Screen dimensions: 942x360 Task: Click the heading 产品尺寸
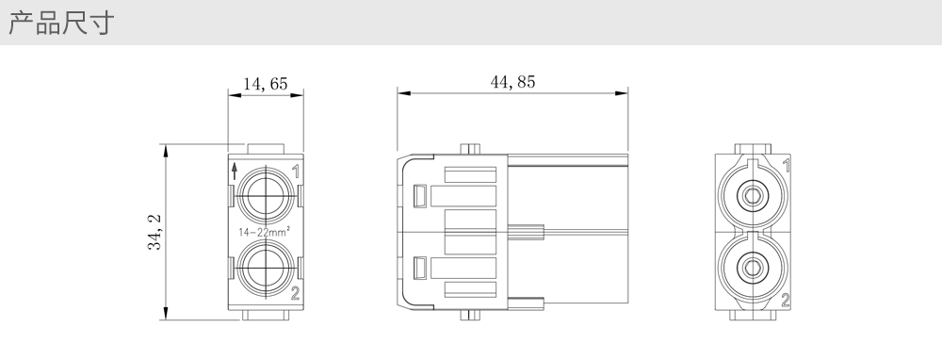[61, 24]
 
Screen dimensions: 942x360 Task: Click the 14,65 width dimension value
[265, 84]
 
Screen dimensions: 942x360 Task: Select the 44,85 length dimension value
[512, 82]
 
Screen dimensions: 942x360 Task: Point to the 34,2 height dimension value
[155, 232]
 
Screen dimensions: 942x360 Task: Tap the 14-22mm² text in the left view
[265, 232]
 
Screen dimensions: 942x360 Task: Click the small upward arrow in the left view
[235, 172]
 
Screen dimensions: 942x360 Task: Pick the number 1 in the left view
[296, 172]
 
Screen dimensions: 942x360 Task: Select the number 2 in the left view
[295, 293]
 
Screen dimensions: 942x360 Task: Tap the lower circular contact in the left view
[266, 268]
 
